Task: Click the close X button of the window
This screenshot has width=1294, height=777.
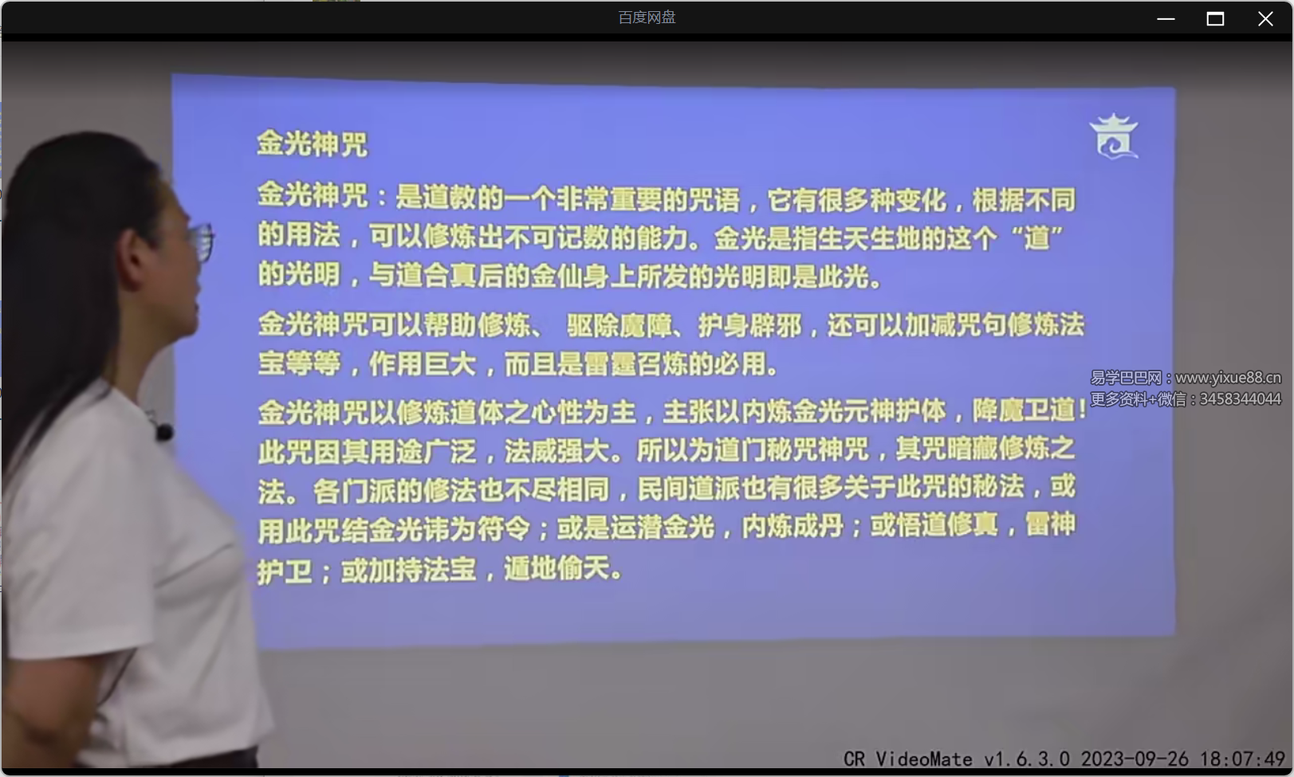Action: [x=1265, y=19]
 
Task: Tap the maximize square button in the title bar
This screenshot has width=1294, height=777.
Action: [x=1215, y=19]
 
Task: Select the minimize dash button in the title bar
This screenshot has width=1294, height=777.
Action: [x=1166, y=19]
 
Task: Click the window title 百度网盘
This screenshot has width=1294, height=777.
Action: [x=647, y=18]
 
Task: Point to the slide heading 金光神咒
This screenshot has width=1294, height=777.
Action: [x=312, y=144]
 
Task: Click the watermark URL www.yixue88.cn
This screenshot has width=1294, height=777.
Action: [x=1228, y=378]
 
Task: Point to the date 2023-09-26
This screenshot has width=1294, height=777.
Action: [x=1135, y=759]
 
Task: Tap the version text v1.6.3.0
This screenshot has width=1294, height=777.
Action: [x=1027, y=759]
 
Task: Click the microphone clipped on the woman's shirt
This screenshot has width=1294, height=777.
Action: [x=164, y=433]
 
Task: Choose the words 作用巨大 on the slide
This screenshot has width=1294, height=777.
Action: [x=423, y=365]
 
